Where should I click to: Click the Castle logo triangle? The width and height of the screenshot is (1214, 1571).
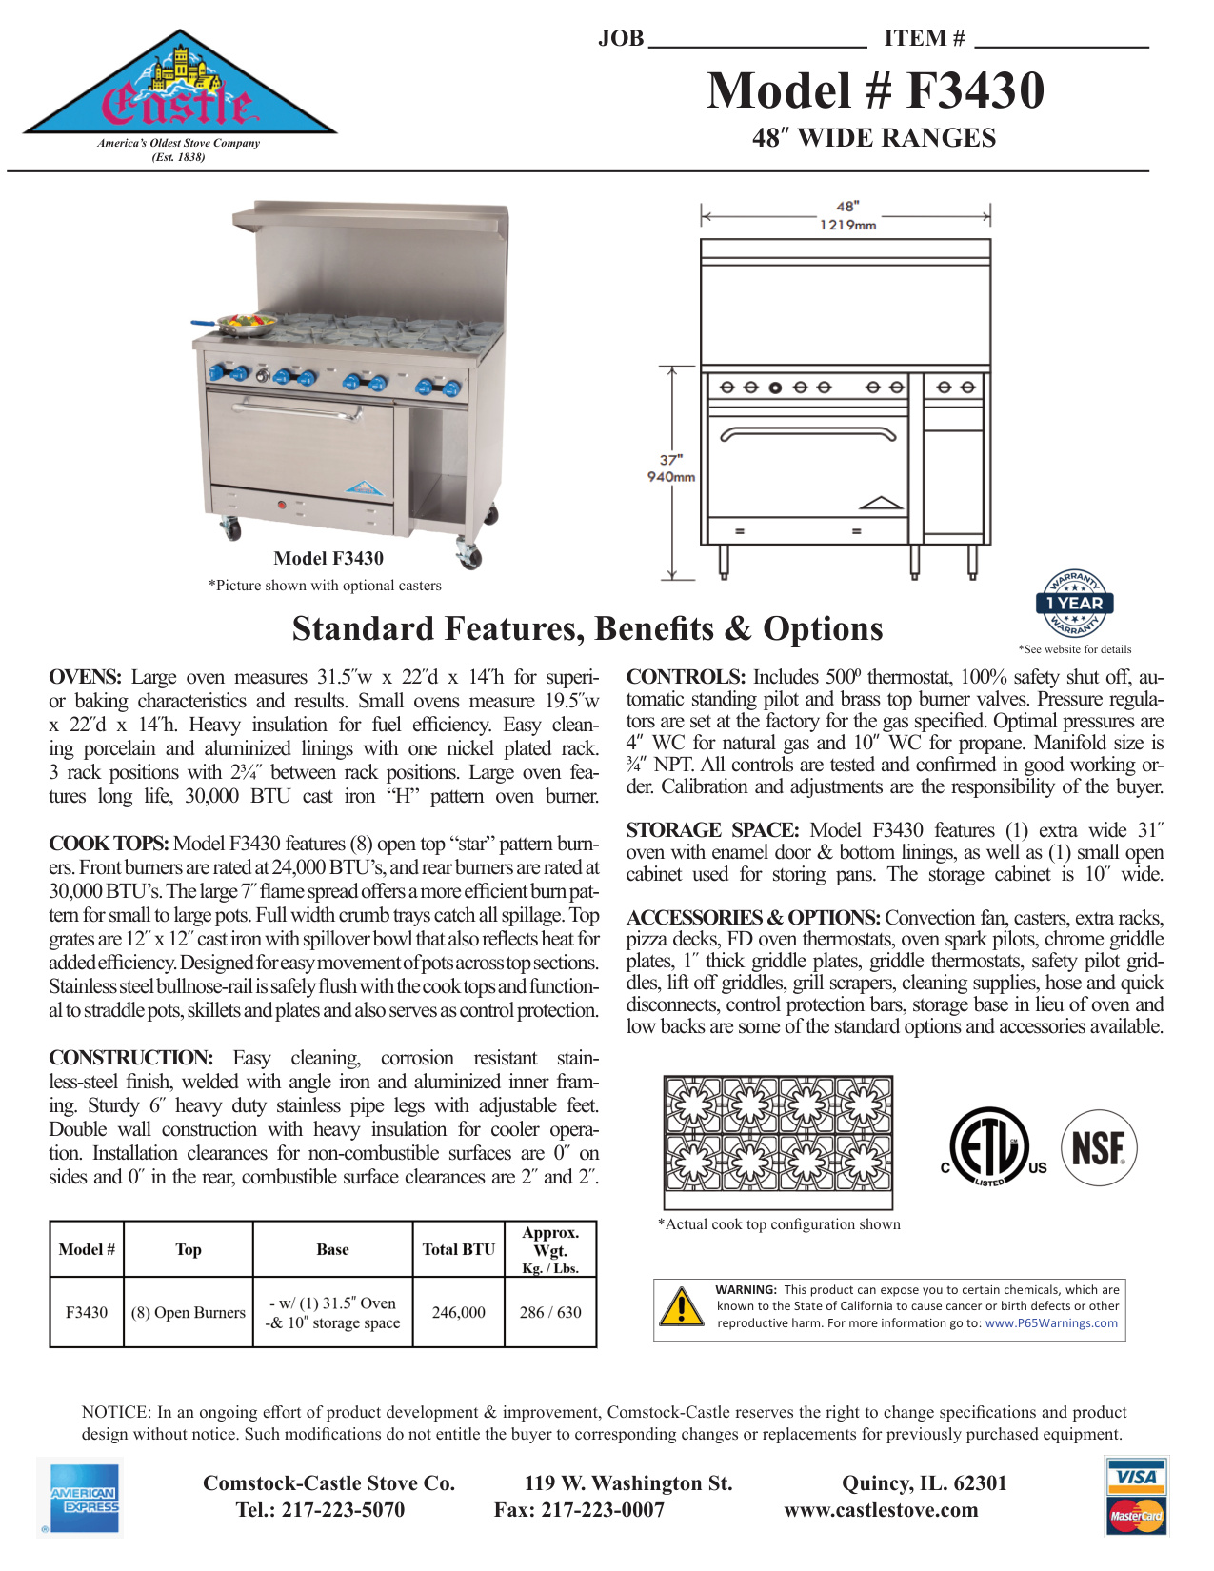click(179, 90)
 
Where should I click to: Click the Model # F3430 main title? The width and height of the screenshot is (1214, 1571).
click(874, 91)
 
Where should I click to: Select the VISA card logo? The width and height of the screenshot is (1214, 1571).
click(1137, 1478)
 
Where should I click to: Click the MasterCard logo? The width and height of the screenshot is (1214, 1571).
click(1137, 1515)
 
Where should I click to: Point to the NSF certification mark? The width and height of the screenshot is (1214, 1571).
click(1098, 1148)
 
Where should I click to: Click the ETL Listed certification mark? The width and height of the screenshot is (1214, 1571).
click(992, 1148)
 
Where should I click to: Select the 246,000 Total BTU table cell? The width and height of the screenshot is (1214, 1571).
click(458, 1312)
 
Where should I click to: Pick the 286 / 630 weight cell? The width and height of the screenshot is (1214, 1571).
click(550, 1312)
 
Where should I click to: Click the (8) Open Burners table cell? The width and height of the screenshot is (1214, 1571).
click(189, 1312)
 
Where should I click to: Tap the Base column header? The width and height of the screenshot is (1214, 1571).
click(332, 1249)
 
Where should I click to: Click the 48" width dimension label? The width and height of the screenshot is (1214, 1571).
click(846, 206)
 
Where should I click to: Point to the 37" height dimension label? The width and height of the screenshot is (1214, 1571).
click(670, 460)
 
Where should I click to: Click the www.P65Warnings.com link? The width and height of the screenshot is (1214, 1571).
click(1051, 1323)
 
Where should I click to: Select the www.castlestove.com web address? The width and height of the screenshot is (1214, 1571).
click(881, 1510)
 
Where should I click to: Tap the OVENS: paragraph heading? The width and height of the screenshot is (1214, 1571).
click(85, 677)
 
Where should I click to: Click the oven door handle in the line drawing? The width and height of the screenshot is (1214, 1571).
click(807, 433)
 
